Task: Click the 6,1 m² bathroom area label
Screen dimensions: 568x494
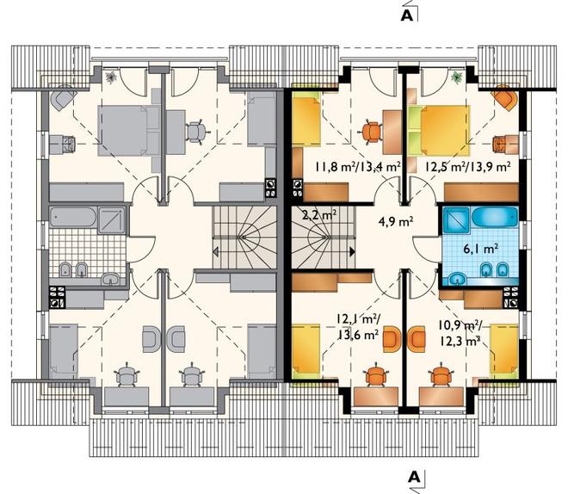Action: pos(481,250)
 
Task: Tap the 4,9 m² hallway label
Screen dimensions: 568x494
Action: pos(396,222)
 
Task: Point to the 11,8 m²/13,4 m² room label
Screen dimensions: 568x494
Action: pos(357,167)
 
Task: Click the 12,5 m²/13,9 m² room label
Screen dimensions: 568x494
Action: pos(468,167)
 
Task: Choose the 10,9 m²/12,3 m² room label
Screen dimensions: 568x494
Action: pos(460,333)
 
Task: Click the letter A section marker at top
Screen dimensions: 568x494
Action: pos(407,15)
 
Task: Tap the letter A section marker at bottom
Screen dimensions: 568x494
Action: pos(415,477)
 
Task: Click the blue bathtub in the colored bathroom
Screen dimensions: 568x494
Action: pos(495,218)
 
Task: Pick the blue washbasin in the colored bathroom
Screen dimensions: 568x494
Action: pos(458,279)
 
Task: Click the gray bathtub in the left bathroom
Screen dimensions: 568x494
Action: pos(73,218)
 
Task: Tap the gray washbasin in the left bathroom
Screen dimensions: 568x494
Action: pos(110,279)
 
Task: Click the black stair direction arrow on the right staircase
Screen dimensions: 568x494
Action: pos(352,251)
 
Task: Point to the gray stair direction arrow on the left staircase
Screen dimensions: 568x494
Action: pos(215,251)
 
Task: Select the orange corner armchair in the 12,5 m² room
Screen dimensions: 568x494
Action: pos(504,97)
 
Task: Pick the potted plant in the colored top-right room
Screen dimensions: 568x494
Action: pos(457,77)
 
